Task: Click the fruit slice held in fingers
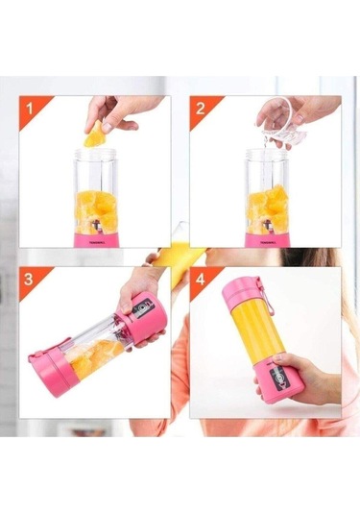[x=96, y=139]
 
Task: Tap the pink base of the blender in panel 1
[x=96, y=234]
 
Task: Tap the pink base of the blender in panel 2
[x=267, y=234]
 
